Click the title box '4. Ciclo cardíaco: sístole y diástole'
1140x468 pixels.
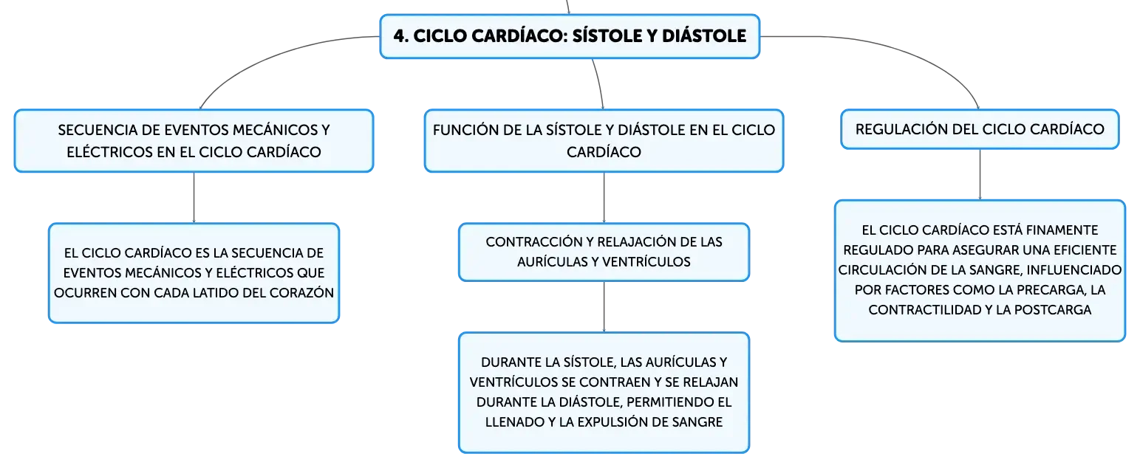point(570,36)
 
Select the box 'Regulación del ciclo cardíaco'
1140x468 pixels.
point(980,129)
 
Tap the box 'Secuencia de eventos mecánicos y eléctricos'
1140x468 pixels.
point(194,141)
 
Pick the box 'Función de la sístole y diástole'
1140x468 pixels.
point(604,141)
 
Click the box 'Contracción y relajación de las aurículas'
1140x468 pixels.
point(604,252)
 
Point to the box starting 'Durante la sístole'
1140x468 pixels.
point(604,392)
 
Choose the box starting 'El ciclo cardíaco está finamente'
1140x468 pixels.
point(980,271)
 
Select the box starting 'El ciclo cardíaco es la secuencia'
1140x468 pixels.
point(194,272)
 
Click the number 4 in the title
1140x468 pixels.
point(400,36)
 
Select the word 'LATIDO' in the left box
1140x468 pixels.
point(216,293)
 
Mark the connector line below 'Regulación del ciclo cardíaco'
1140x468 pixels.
point(980,174)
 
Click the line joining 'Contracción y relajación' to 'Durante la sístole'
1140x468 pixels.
point(604,307)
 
